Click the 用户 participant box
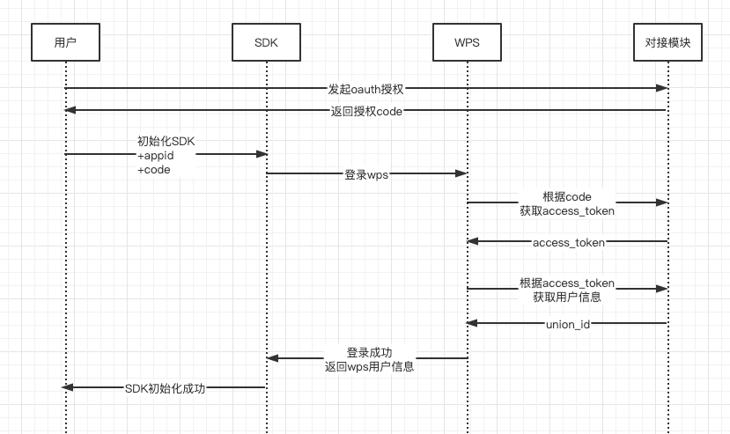click(x=65, y=42)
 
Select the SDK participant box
click(x=266, y=42)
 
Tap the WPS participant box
click(x=467, y=42)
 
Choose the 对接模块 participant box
click(x=667, y=42)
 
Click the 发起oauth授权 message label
click(x=365, y=88)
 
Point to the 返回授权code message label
click(x=365, y=111)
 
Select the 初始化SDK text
click(x=166, y=141)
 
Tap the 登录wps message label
click(x=366, y=174)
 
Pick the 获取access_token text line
click(x=567, y=210)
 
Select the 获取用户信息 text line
click(x=567, y=297)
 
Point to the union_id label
click(x=567, y=324)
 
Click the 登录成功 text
click(x=369, y=352)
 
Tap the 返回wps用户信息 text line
click(x=369, y=365)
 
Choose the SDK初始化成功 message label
click(x=165, y=387)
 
